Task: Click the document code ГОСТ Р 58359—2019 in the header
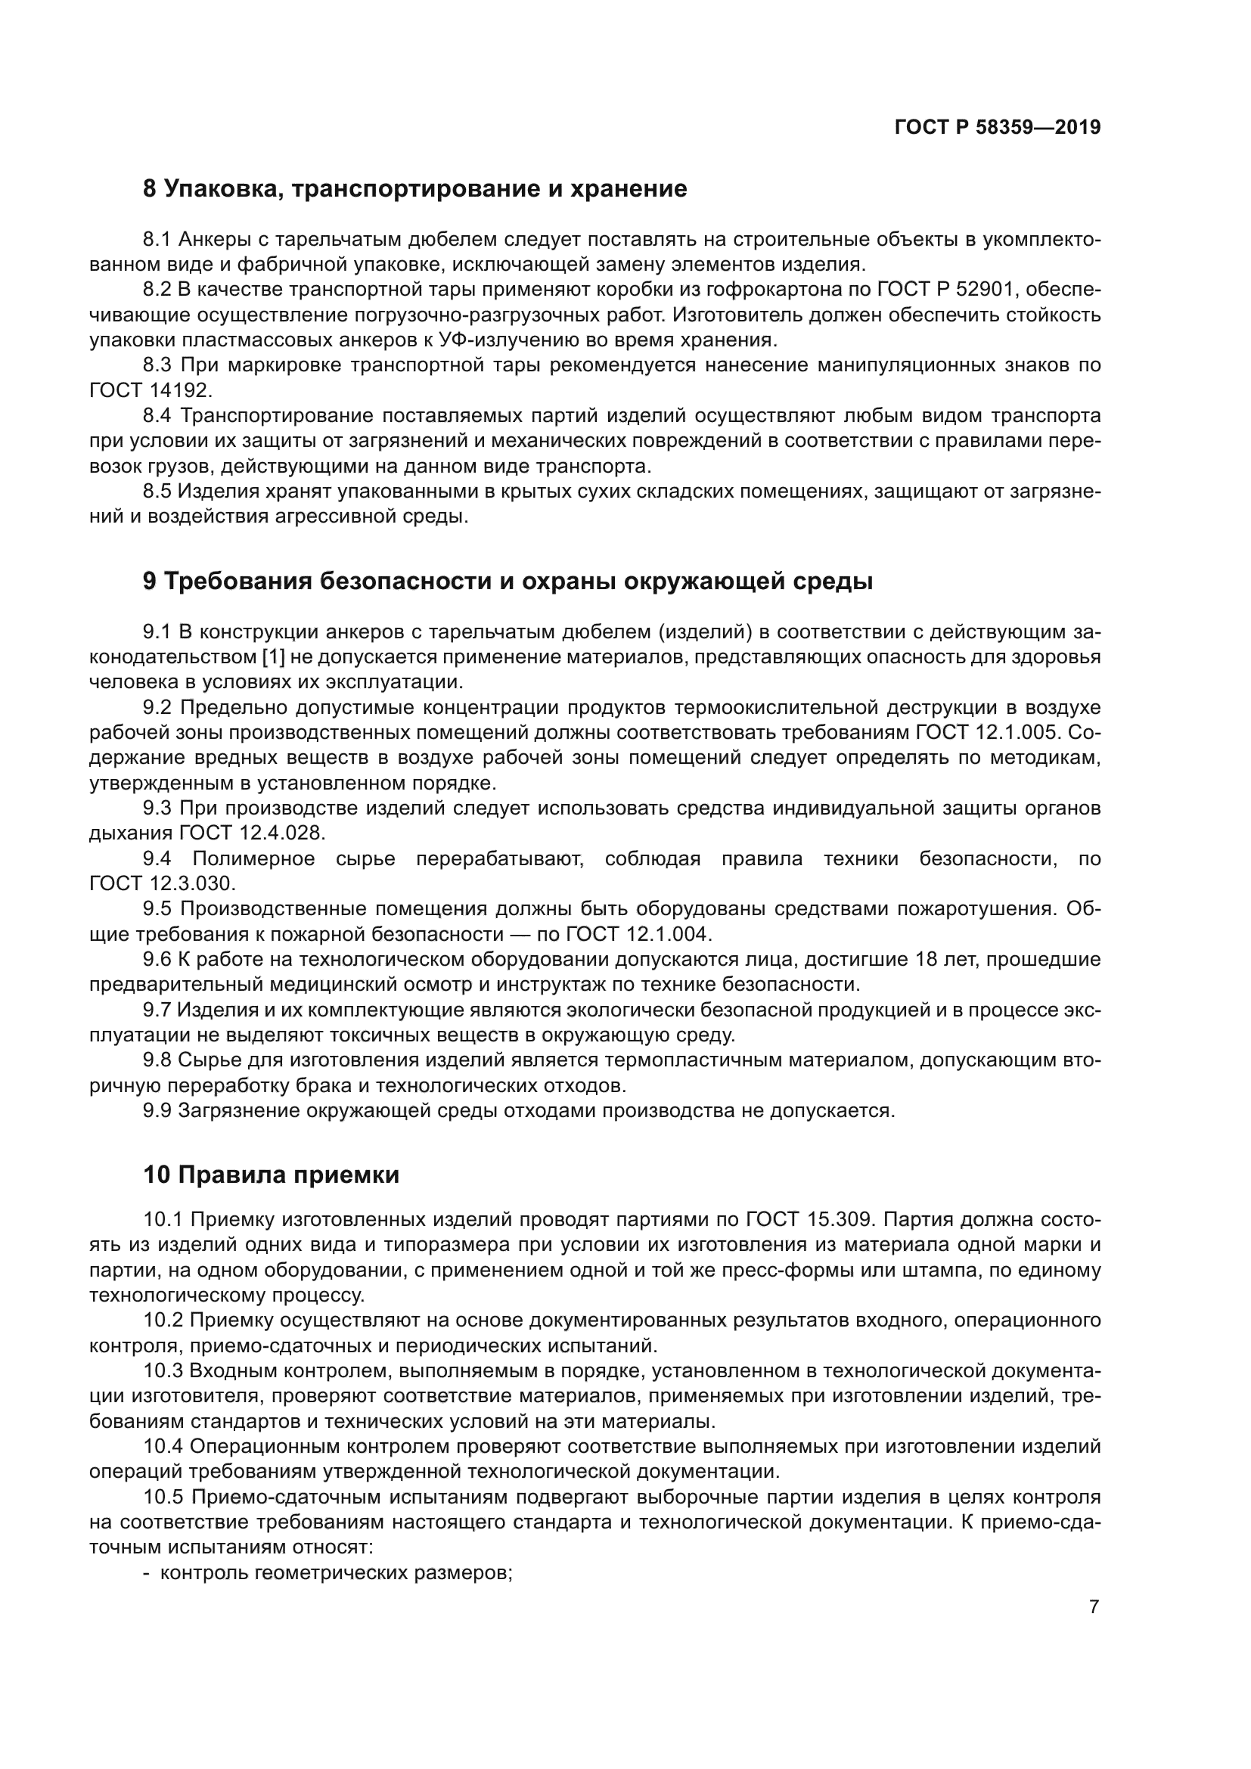(x=998, y=128)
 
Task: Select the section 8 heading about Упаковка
(x=415, y=189)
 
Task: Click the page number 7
(x=1094, y=1607)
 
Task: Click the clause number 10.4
(x=163, y=1446)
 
